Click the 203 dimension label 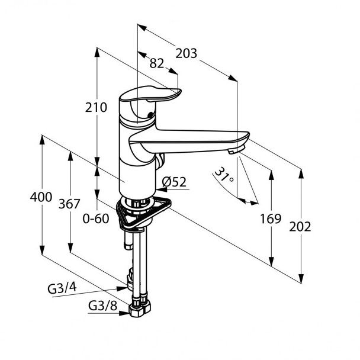[187, 54]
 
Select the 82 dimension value [156, 63]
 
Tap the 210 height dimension [96, 108]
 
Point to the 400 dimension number [41, 197]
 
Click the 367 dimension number [69, 204]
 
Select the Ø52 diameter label [174, 182]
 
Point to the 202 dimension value [300, 226]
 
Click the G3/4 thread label [62, 290]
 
